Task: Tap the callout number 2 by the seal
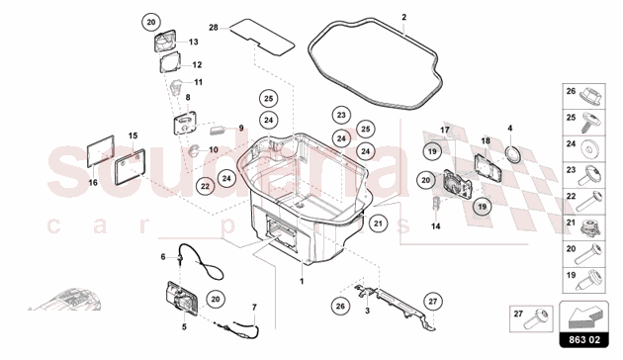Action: pos(403,17)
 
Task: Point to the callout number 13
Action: pos(193,43)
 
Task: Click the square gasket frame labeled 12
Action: pos(171,65)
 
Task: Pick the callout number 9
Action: pos(239,129)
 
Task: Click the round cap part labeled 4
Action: pos(512,154)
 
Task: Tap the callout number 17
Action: pos(444,130)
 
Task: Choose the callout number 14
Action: pos(436,225)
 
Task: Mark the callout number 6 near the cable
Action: pos(164,256)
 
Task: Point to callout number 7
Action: pos(253,307)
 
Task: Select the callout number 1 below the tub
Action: pos(302,281)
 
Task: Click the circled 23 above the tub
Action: pos(340,114)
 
